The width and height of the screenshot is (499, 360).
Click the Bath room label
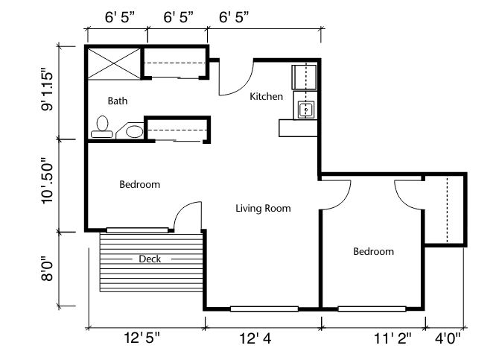[x=118, y=101]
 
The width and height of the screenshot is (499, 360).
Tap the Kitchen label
[x=266, y=97]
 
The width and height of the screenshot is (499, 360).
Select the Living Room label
[x=263, y=209]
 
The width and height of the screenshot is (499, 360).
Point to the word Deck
[x=150, y=259]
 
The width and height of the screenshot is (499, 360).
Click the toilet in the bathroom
[x=102, y=127]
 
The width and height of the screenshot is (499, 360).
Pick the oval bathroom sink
[x=134, y=131]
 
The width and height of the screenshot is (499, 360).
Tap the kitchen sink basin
[x=306, y=110]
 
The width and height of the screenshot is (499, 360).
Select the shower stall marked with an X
[x=114, y=63]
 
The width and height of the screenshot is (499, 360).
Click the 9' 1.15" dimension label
[x=47, y=89]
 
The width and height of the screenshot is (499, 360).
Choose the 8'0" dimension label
[x=47, y=269]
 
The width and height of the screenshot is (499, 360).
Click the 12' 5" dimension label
[x=142, y=338]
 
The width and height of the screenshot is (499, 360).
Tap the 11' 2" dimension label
[x=392, y=338]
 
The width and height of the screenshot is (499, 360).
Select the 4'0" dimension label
[x=448, y=338]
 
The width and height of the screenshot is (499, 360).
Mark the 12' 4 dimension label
[x=255, y=338]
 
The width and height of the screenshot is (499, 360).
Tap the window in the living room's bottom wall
[x=264, y=309]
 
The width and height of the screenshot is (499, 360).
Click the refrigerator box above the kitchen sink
[x=304, y=77]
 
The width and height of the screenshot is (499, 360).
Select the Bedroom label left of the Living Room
[x=140, y=184]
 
